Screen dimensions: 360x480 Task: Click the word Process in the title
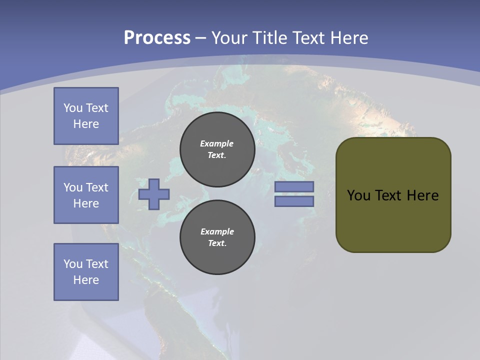[157, 38]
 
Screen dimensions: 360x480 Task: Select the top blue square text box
[86, 116]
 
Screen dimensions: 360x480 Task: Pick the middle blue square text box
[86, 195]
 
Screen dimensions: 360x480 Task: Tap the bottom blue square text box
[86, 272]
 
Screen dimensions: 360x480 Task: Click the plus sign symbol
[154, 194]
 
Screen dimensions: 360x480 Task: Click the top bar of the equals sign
[294, 186]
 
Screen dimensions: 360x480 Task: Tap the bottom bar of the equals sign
[294, 201]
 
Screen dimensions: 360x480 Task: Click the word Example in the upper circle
[217, 143]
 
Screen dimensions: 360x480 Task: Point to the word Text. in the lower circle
[217, 243]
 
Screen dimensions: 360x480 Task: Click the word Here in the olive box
[422, 195]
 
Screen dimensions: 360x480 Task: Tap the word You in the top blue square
[73, 108]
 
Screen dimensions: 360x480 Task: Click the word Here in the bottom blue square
[86, 280]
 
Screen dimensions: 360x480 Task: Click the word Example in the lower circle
[217, 231]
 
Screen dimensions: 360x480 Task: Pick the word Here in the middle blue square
[86, 203]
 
